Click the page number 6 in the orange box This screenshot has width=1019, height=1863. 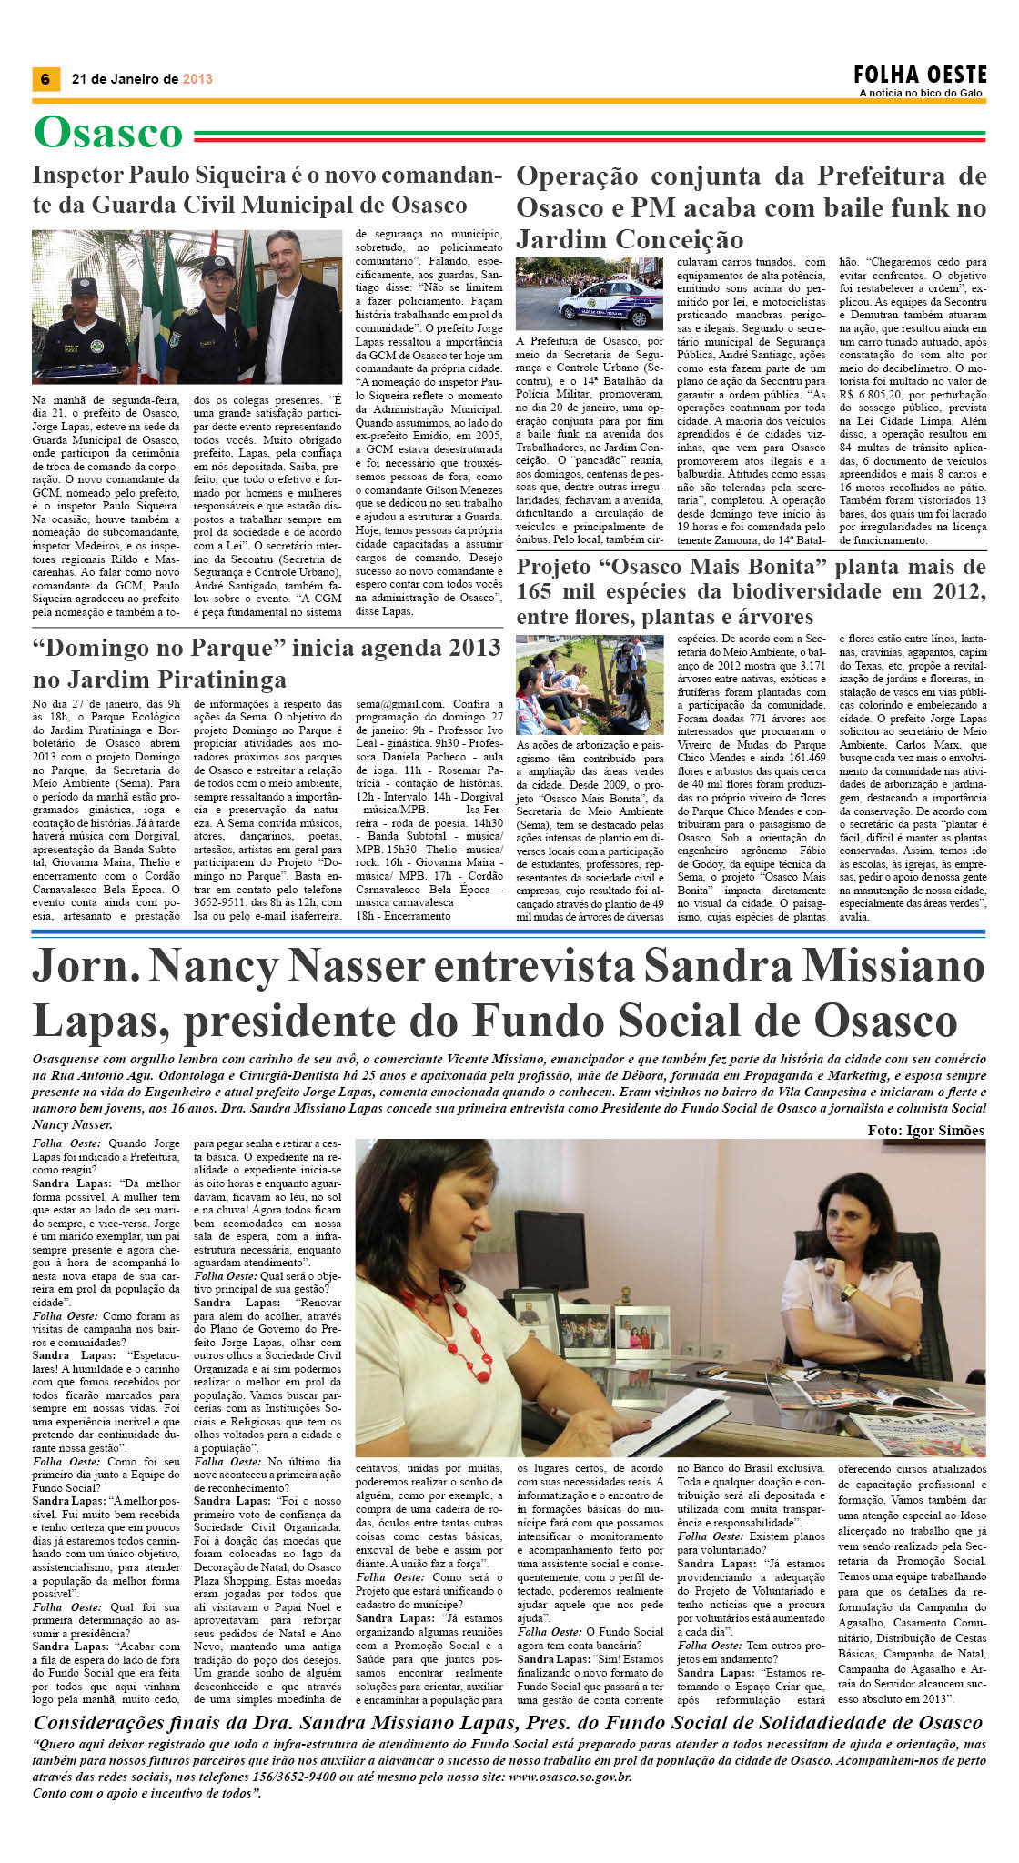pyautogui.click(x=45, y=79)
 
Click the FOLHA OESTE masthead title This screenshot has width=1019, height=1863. pyautogui.click(x=920, y=75)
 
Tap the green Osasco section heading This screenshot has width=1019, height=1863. pyautogui.click(x=108, y=133)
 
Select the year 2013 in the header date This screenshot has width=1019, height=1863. pyautogui.click(x=197, y=79)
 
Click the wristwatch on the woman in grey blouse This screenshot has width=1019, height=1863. pyautogui.click(x=848, y=1292)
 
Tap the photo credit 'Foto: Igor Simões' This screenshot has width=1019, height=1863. pyautogui.click(x=925, y=1130)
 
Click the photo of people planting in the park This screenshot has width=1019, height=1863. pyautogui.click(x=590, y=684)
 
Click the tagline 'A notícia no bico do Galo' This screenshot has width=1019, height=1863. pyautogui.click(x=920, y=93)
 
